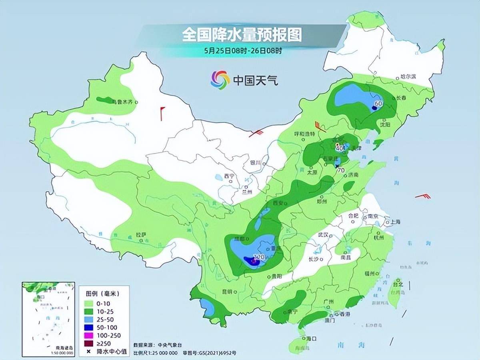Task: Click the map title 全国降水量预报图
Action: [242, 35]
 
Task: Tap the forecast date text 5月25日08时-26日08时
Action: [242, 51]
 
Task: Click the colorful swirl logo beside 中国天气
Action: [220, 80]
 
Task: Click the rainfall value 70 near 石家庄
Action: [341, 170]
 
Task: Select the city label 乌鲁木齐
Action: [122, 102]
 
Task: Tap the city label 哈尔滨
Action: [408, 76]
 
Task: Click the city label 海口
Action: [311, 338]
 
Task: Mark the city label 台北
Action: [398, 285]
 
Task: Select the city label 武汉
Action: [323, 235]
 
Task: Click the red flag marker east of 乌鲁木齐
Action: [162, 113]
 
